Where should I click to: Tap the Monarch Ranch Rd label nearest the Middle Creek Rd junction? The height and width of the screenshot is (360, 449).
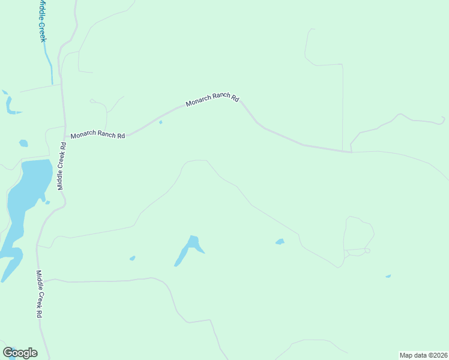97,136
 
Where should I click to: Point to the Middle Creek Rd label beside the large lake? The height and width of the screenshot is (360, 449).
61,166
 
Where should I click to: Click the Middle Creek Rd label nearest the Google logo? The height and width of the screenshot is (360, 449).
39,294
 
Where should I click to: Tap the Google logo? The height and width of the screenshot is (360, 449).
20,353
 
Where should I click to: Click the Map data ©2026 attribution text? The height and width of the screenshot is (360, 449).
423,355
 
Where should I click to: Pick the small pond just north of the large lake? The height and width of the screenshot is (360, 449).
23,143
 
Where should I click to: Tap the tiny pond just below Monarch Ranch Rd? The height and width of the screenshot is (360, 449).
160,122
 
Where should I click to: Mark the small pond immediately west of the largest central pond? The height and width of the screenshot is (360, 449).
132,259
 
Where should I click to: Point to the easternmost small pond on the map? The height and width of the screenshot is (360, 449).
388,276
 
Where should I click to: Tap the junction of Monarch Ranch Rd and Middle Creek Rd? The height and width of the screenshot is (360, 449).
64,138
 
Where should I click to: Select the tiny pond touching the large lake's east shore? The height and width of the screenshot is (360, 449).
47,202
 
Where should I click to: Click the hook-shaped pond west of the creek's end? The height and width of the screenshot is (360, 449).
10,104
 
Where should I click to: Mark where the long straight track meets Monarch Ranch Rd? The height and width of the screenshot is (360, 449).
342,151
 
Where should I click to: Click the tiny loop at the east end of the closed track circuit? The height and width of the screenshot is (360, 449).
367,250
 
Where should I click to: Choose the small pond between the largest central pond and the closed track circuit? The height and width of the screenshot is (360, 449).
280,242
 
